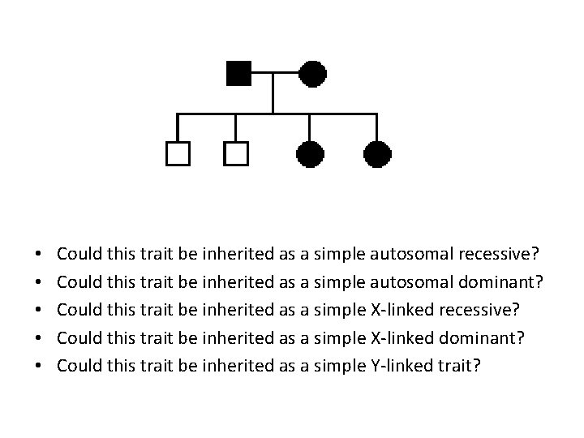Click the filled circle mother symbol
point(312,74)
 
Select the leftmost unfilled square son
point(177,153)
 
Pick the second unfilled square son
point(236,153)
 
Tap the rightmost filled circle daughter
point(377,153)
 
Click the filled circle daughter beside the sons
point(311,153)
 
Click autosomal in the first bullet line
point(411,253)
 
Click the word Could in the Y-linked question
point(79,365)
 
